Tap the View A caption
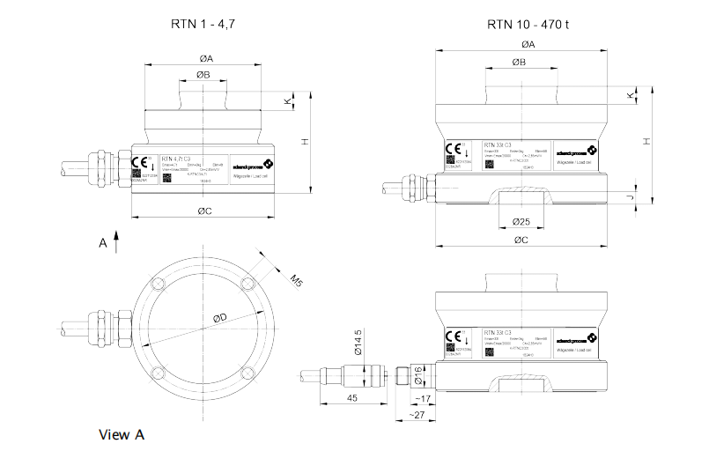(122, 434)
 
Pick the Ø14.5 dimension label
(358, 341)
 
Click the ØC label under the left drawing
(203, 212)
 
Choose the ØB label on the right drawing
(518, 63)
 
